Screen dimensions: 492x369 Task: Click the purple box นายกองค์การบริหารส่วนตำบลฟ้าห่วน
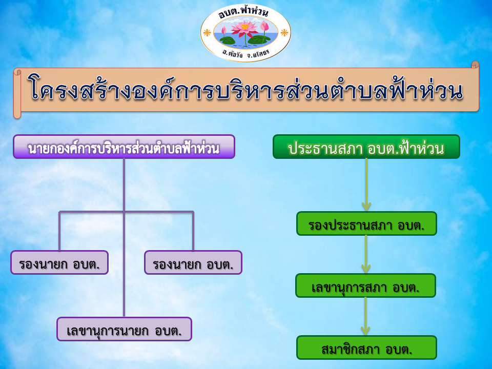coord(124,147)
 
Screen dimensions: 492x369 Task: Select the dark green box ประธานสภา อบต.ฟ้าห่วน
coord(366,147)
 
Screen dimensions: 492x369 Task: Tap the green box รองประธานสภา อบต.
coord(366,223)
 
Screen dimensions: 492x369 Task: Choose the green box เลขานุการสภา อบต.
coord(365,285)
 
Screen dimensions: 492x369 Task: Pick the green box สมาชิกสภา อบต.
coord(366,347)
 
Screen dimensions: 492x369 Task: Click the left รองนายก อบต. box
coord(59,262)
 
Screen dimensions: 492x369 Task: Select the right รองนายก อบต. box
coord(193,262)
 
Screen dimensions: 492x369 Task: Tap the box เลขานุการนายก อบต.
coord(124,329)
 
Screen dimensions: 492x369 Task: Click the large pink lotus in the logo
coord(245,28)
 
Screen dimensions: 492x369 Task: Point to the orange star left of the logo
coord(207,32)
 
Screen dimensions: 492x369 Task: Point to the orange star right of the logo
coord(284,32)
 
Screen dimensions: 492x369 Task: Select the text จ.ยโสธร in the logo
coord(258,54)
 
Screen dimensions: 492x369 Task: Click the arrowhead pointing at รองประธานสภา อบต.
coord(366,206)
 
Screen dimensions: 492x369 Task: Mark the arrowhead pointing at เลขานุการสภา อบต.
coord(366,268)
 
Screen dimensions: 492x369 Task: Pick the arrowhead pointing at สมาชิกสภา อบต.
coord(365,331)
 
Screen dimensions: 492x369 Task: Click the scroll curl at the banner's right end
coord(476,65)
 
